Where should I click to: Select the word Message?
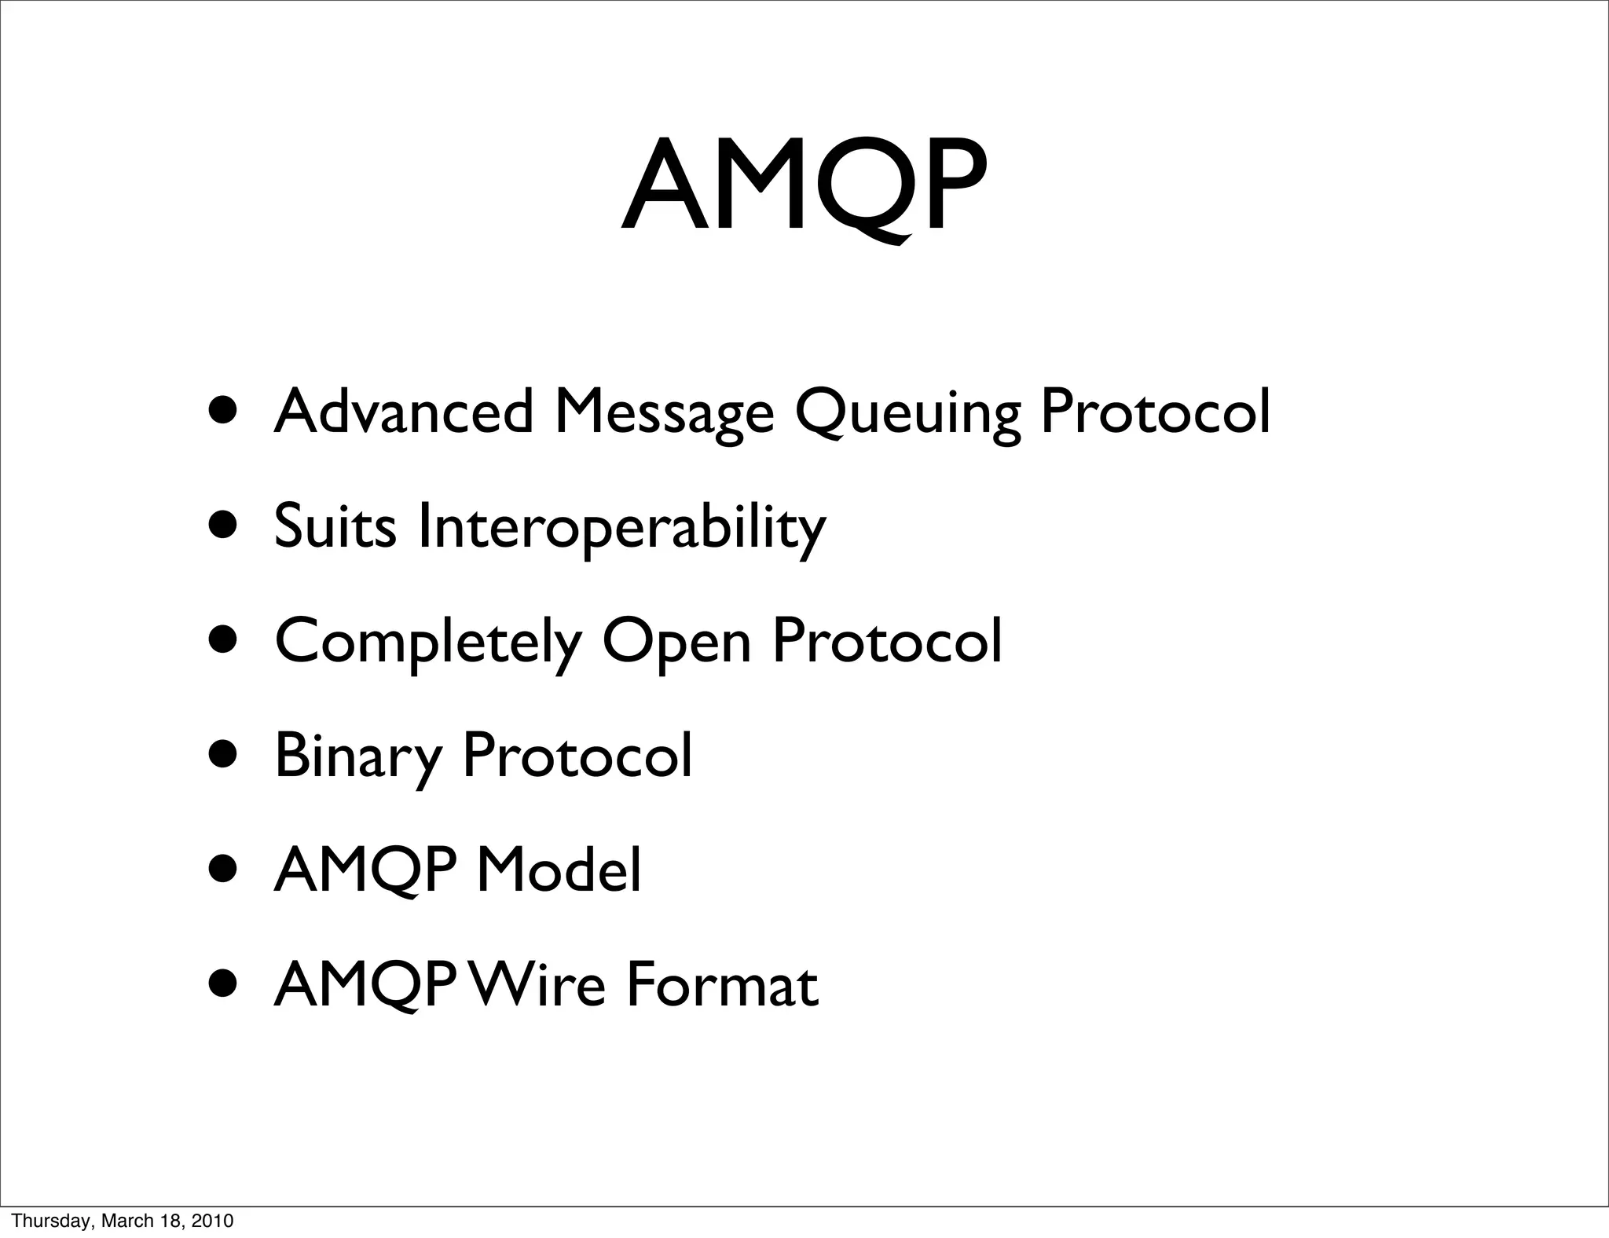coord(664,412)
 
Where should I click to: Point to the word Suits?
coord(335,525)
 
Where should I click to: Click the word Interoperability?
coord(621,526)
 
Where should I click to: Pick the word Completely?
coord(428,641)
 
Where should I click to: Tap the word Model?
coord(559,870)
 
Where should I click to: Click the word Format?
coord(722,984)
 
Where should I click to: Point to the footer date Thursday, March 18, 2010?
coord(123,1221)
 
